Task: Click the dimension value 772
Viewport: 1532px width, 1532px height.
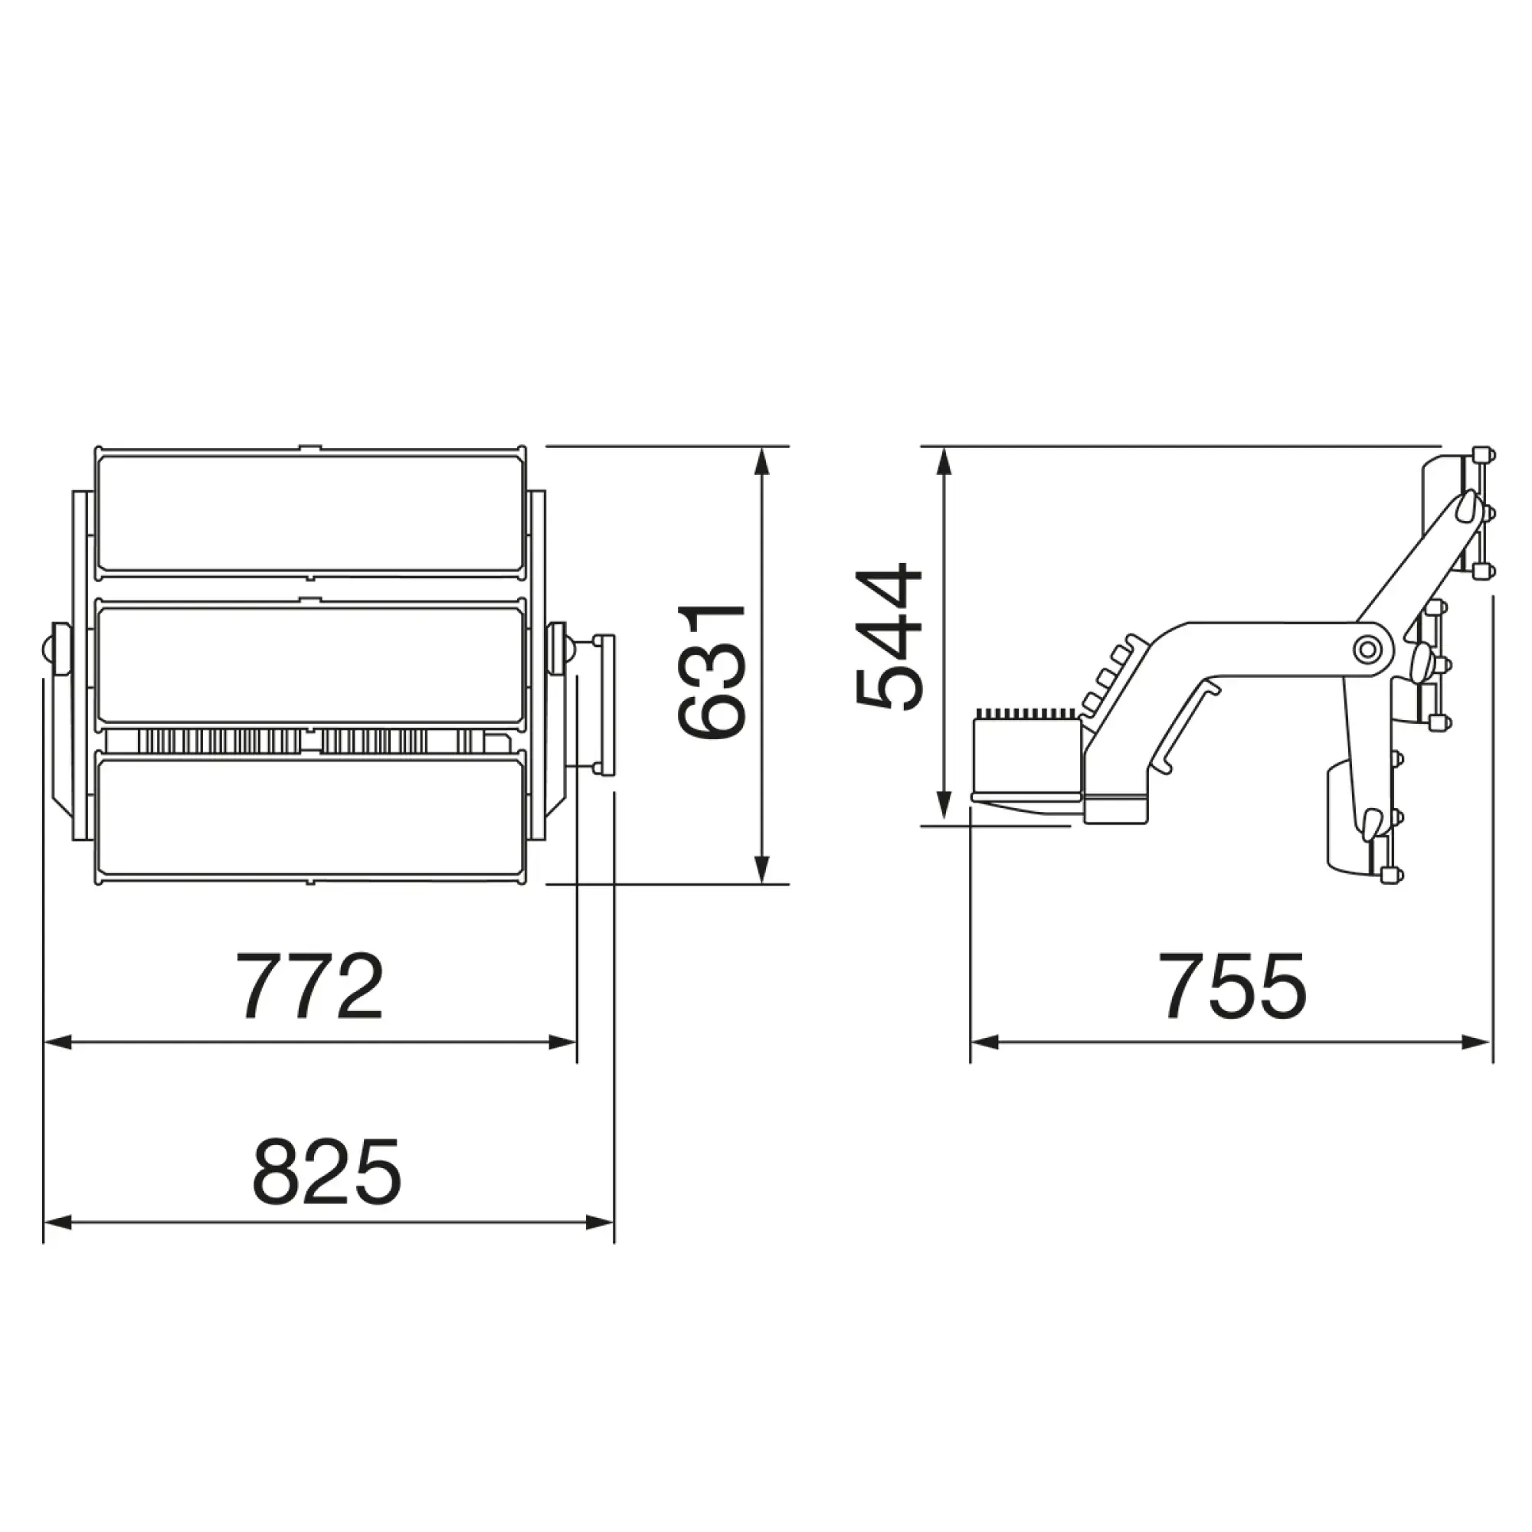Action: [x=310, y=987]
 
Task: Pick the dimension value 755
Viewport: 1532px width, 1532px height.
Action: [x=1232, y=987]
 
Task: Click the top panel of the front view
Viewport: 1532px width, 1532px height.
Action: [x=310, y=513]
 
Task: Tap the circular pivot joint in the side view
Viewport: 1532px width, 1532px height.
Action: [x=1367, y=650]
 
